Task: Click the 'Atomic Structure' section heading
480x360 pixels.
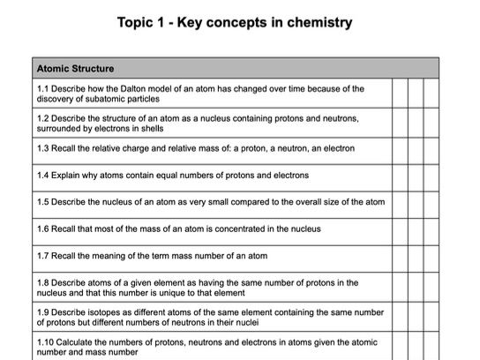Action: tap(76, 68)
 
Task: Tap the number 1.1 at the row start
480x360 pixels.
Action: tap(43, 88)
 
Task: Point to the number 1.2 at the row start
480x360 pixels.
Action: tap(43, 116)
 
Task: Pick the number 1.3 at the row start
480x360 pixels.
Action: tap(43, 148)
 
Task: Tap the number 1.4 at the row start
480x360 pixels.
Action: tap(43, 175)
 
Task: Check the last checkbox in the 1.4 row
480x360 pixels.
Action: tap(431, 175)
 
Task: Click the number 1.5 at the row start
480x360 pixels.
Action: tap(43, 201)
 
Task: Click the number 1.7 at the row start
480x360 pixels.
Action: tap(43, 256)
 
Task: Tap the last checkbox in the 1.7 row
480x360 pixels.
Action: tap(431, 256)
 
